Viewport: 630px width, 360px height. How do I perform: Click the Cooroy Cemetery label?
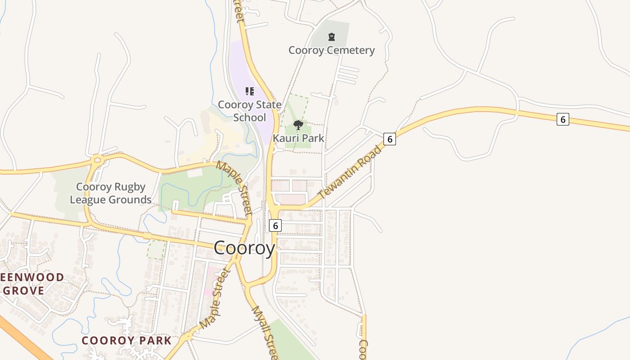(x=332, y=50)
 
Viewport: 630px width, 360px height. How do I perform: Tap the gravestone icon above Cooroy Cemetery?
(x=332, y=37)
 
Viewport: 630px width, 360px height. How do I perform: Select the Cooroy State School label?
(x=250, y=111)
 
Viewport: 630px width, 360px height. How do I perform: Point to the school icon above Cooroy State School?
(x=250, y=91)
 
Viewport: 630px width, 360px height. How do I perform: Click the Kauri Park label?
(x=298, y=138)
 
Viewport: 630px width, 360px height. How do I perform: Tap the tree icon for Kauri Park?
(x=298, y=125)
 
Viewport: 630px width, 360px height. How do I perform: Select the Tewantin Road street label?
(x=350, y=171)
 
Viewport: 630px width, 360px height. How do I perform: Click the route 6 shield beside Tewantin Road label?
(x=390, y=139)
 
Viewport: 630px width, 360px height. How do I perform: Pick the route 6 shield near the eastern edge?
(x=562, y=119)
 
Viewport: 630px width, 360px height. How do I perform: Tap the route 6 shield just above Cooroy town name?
(x=275, y=225)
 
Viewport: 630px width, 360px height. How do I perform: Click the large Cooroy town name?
(x=244, y=248)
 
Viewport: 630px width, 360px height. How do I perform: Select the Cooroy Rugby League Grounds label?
(x=111, y=193)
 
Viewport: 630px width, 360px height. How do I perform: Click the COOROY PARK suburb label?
(x=126, y=340)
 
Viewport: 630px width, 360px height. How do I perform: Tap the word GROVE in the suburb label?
(x=24, y=290)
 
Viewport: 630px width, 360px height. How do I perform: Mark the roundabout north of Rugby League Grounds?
(x=97, y=159)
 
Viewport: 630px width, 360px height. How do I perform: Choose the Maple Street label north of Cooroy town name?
(x=234, y=186)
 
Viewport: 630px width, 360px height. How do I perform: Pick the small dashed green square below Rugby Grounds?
(x=156, y=249)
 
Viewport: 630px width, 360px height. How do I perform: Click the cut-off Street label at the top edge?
(x=238, y=11)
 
